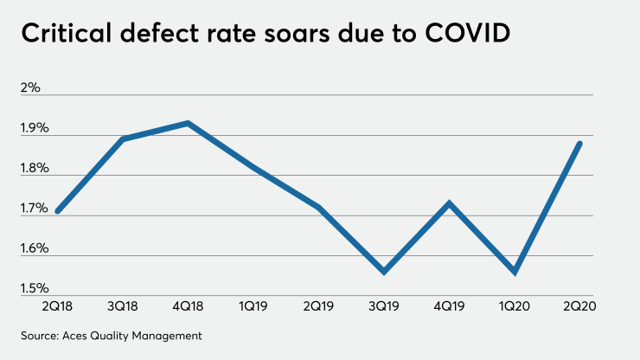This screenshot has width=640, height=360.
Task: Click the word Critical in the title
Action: pyautogui.click(x=66, y=37)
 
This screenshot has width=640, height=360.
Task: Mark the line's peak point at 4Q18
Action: pyautogui.click(x=189, y=123)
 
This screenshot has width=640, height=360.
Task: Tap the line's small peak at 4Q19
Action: pyautogui.click(x=448, y=203)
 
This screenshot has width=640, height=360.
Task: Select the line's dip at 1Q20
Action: pyautogui.click(x=515, y=272)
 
